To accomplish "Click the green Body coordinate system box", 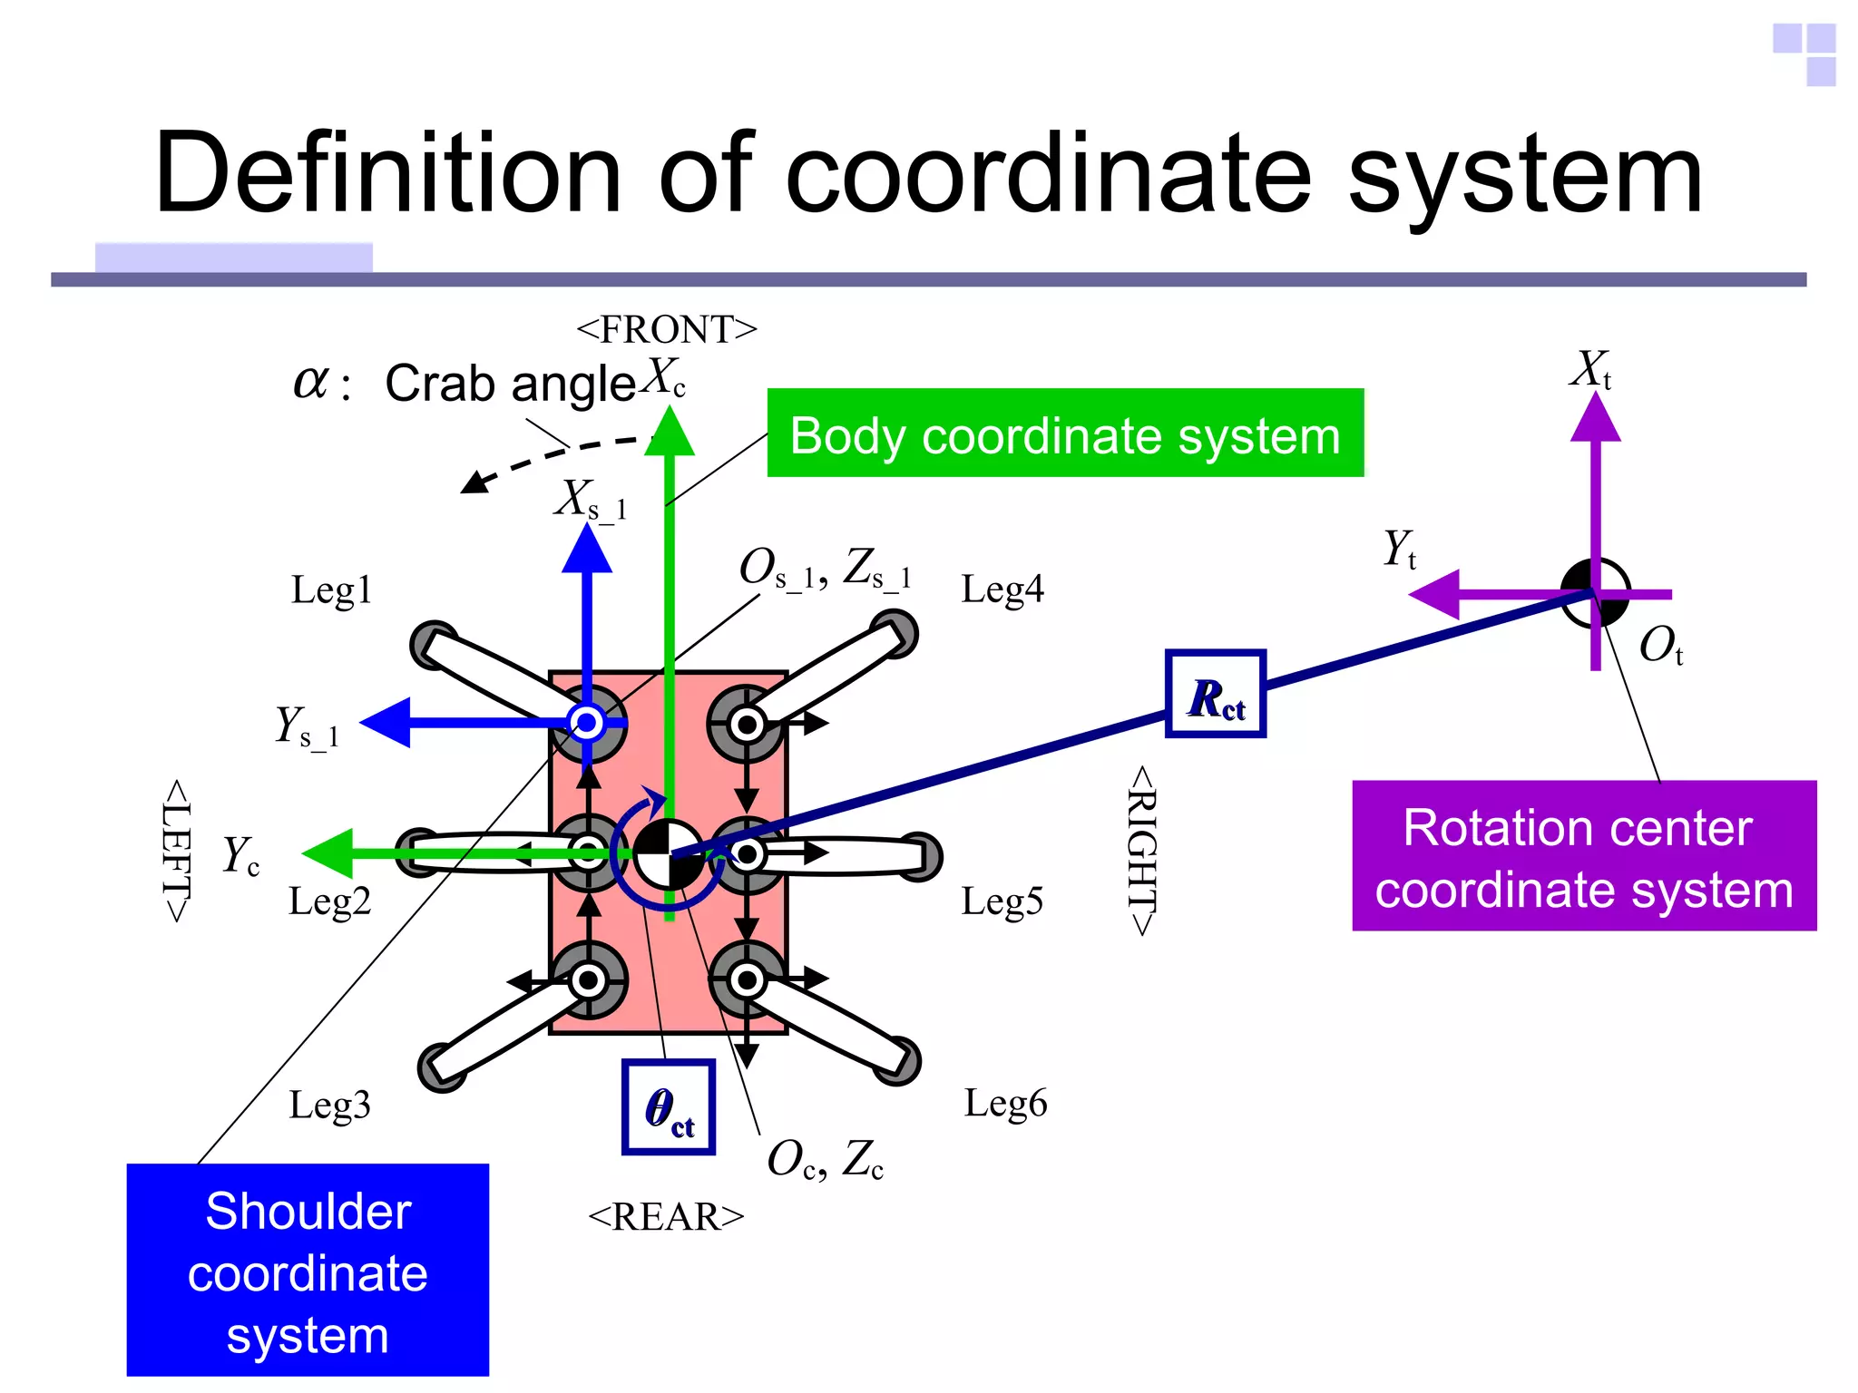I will click(1065, 433).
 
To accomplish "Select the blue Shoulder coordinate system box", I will click(308, 1270).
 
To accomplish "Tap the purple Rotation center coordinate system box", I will click(1583, 856).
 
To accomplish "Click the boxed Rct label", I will click(1216, 695).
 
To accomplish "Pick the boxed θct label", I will click(669, 1107).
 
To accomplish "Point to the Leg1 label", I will click(331, 590).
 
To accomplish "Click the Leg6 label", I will click(1005, 1104).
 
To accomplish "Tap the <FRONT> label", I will click(667, 330).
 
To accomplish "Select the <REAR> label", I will click(667, 1217).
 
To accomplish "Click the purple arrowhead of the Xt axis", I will click(1595, 418).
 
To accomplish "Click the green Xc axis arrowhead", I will click(670, 433).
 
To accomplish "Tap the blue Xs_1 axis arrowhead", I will click(587, 550).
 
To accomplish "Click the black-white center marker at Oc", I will click(669, 854).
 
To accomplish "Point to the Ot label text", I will click(1660, 646).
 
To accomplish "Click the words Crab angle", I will click(510, 384).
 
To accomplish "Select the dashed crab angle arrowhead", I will click(474, 482).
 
